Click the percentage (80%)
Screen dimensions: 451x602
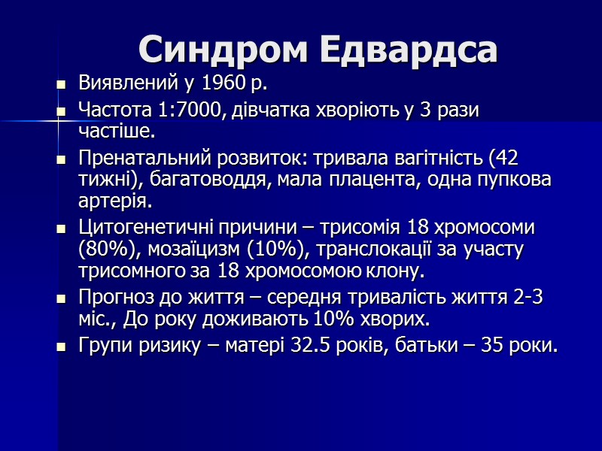point(104,249)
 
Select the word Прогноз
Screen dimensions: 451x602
point(114,298)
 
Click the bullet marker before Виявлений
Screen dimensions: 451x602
point(62,84)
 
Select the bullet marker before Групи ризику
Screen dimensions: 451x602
point(62,348)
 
